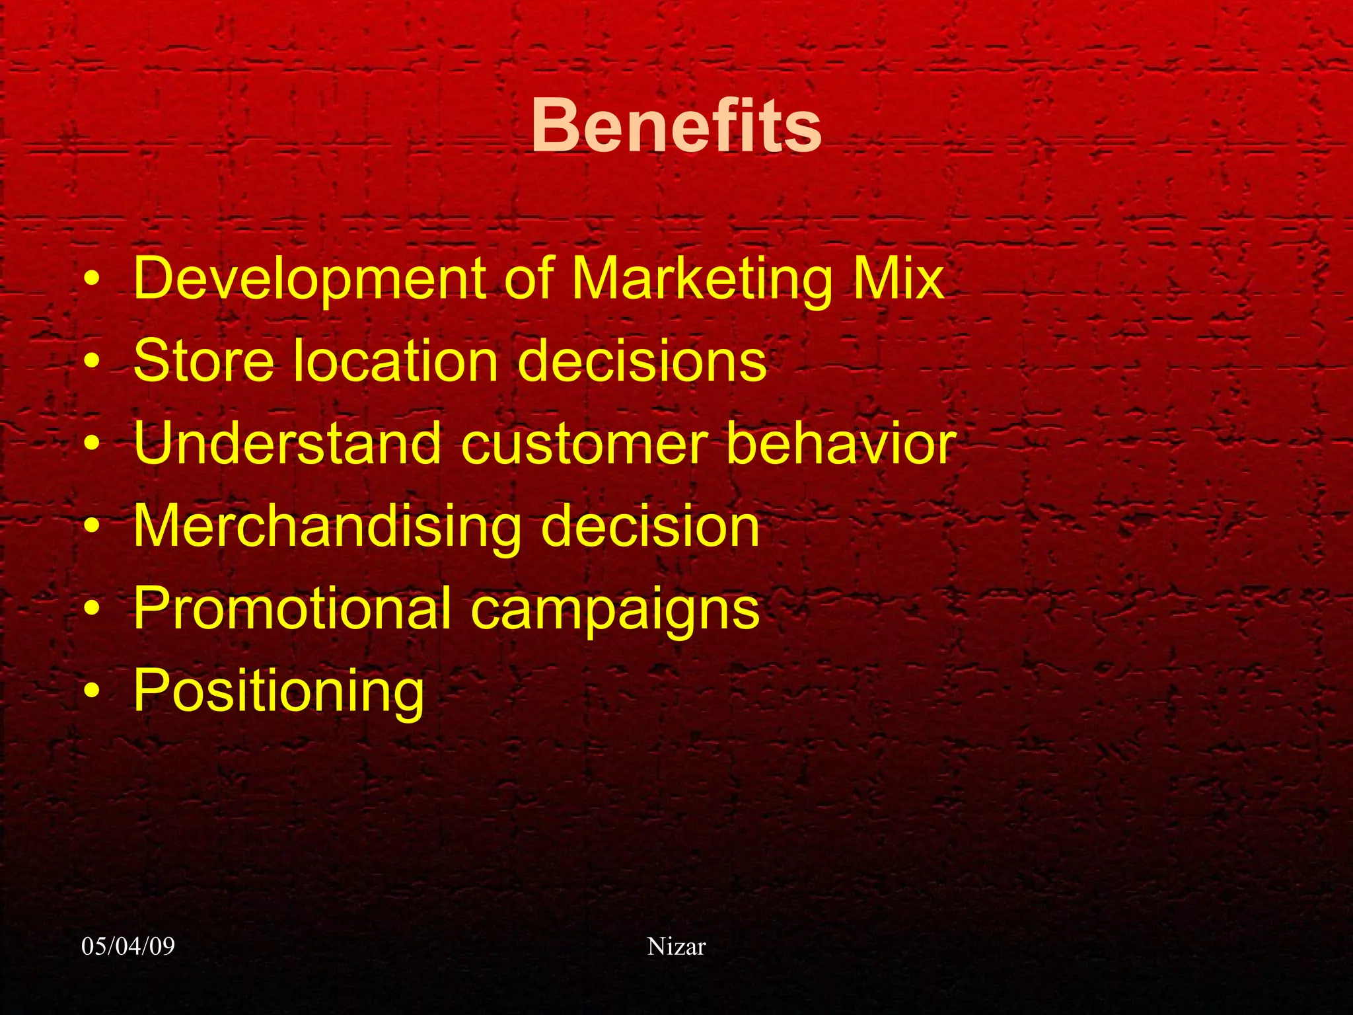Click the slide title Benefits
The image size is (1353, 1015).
coord(676,126)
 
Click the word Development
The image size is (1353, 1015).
coord(309,278)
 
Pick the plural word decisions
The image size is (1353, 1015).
coord(641,360)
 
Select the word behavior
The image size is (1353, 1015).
coord(840,443)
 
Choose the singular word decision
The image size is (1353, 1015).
coord(650,526)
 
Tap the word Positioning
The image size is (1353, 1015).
coord(278,691)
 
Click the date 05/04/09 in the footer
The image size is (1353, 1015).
coord(128,946)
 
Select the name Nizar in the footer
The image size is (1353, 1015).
coord(676,946)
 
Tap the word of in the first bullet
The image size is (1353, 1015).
coord(529,278)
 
